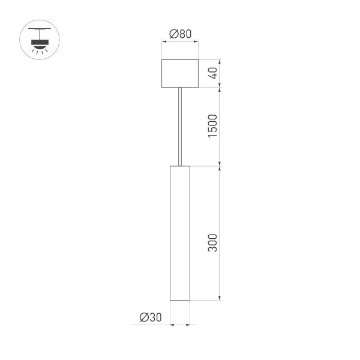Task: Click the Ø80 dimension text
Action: pos(180,34)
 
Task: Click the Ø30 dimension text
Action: pos(150,317)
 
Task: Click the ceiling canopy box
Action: pos(180,73)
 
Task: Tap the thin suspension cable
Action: pos(180,126)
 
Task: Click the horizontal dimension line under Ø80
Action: pos(180,43)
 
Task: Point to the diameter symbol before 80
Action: pos(173,34)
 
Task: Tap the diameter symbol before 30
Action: pos(143,317)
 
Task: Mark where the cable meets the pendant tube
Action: pos(180,165)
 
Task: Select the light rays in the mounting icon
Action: pos(41,52)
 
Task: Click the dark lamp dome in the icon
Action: pos(41,43)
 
